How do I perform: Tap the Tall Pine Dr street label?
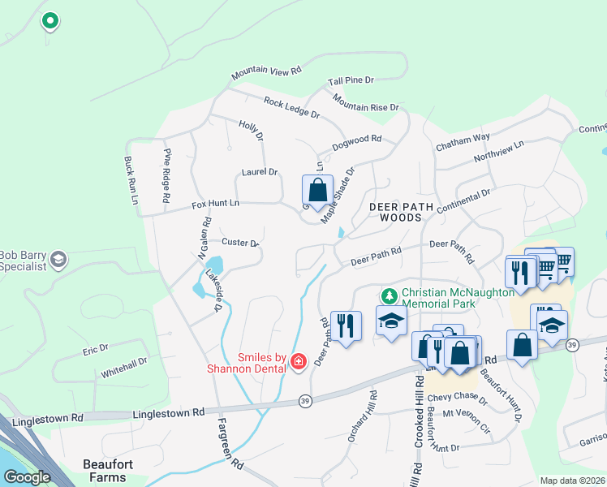click(351, 80)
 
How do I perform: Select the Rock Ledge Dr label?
click(291, 107)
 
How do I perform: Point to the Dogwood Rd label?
click(356, 144)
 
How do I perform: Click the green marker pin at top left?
click(50, 20)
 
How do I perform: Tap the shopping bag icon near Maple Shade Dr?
click(318, 191)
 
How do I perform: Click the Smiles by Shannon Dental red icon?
click(299, 361)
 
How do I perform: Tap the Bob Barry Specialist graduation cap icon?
click(58, 259)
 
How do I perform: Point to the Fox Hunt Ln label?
click(216, 204)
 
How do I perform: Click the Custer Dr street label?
click(239, 242)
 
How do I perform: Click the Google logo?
click(27, 476)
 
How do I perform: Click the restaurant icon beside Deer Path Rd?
click(347, 326)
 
